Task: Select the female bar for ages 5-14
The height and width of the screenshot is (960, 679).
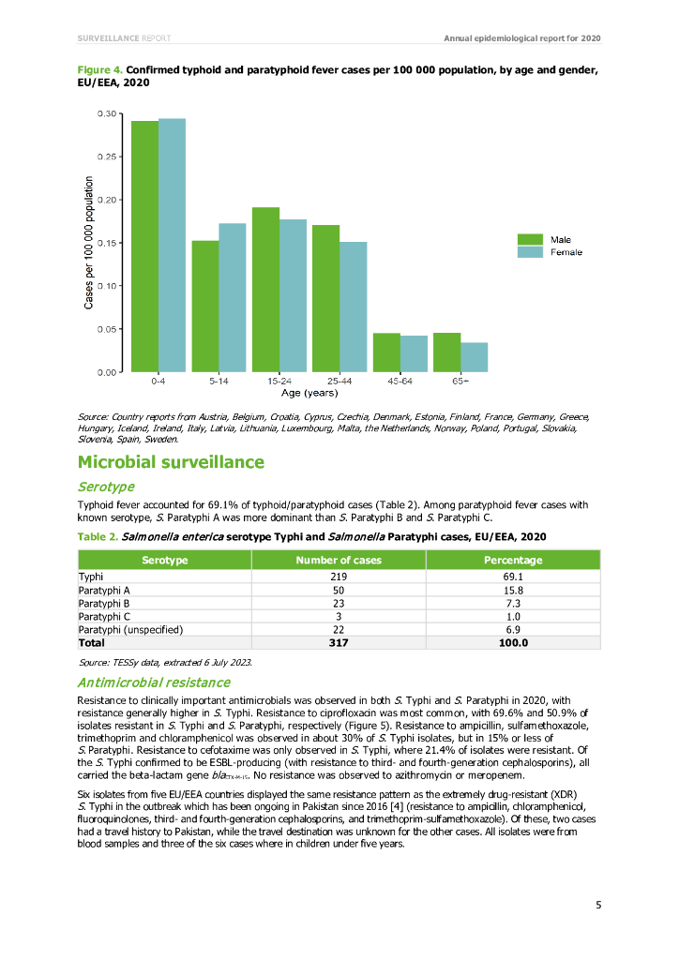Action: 232,297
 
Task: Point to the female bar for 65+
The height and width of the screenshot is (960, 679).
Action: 474,356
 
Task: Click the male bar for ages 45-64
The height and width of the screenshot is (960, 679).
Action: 386,352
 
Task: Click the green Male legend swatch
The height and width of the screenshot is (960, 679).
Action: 530,240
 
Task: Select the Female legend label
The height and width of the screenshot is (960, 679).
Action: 566,252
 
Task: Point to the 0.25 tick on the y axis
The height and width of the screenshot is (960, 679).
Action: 106,157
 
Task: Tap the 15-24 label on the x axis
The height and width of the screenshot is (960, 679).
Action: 279,382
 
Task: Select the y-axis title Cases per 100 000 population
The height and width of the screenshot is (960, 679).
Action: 89,243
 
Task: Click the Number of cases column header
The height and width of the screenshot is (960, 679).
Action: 339,560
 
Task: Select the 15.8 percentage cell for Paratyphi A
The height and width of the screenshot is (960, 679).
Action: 512,591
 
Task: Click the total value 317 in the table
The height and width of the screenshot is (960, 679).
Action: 339,643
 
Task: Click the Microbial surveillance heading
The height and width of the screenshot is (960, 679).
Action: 171,462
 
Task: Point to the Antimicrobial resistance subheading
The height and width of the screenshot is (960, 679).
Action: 153,682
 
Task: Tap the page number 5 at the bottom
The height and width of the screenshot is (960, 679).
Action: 597,905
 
